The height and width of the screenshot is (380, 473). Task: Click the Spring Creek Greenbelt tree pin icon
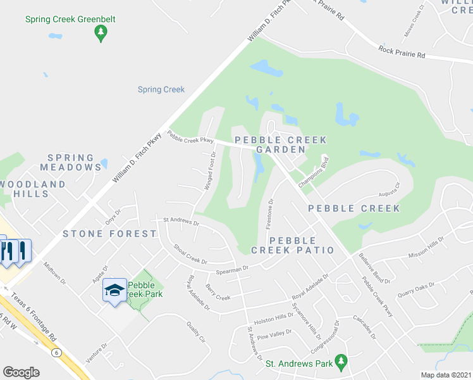click(100, 34)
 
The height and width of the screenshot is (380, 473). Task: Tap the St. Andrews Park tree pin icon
click(341, 362)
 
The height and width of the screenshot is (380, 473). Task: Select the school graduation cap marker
click(114, 291)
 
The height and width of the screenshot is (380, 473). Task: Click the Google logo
click(21, 372)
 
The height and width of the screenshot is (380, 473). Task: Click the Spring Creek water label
click(161, 90)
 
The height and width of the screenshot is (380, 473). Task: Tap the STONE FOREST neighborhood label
click(109, 234)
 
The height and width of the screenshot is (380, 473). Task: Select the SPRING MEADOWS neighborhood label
click(70, 163)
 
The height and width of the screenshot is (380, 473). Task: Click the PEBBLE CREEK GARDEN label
click(281, 144)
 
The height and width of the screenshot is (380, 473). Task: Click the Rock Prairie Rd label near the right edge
click(402, 52)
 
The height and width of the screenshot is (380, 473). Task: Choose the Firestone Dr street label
click(270, 214)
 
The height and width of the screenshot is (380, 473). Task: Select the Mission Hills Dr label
click(427, 248)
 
